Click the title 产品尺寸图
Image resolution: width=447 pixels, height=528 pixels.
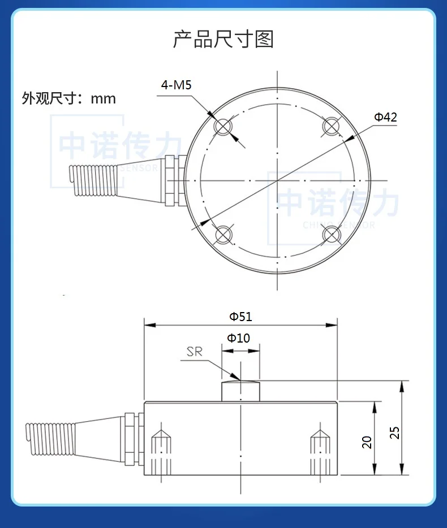pyautogui.click(x=223, y=40)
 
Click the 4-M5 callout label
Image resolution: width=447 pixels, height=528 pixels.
pyautogui.click(x=177, y=86)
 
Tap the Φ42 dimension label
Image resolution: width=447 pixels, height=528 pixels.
pyautogui.click(x=385, y=117)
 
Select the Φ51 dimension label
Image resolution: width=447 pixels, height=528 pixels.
pyautogui.click(x=240, y=317)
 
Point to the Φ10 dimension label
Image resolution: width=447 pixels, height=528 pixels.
pyautogui.click(x=238, y=338)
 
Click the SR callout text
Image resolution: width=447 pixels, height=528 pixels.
pyautogui.click(x=195, y=352)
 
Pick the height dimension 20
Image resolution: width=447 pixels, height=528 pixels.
pyautogui.click(x=367, y=442)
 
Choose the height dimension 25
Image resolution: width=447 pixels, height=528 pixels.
pyautogui.click(x=395, y=432)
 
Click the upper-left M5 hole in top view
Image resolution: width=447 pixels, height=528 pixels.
pyautogui.click(x=224, y=127)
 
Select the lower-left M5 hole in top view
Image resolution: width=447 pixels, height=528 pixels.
pyautogui.click(x=224, y=233)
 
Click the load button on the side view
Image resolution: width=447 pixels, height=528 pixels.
pyautogui.click(x=240, y=391)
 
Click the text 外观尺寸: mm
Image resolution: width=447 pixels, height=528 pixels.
pyautogui.click(x=68, y=99)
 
